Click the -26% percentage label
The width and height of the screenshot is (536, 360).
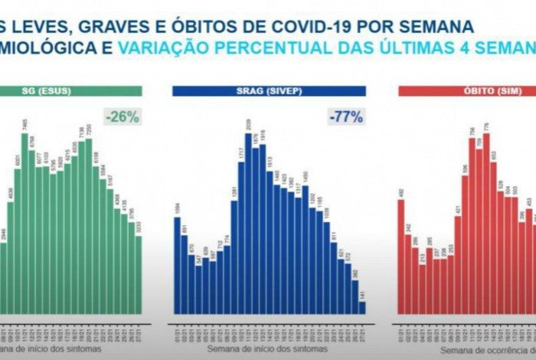pyautogui.click(x=123, y=117)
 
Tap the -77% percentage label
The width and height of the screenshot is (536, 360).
pyautogui.click(x=346, y=117)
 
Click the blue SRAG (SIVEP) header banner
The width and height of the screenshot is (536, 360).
pyautogui.click(x=269, y=91)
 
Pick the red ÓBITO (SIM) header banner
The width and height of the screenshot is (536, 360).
pyautogui.click(x=467, y=91)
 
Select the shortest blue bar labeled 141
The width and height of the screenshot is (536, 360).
pyautogui.click(x=361, y=308)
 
